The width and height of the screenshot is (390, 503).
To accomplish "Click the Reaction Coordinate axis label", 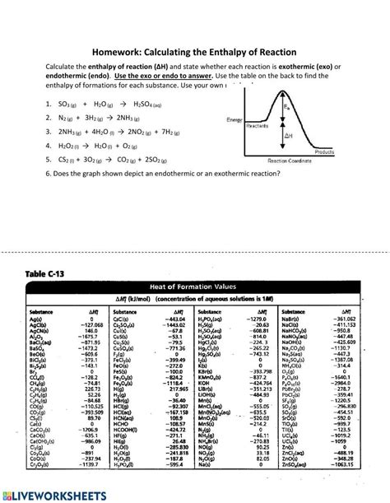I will tap(311, 161).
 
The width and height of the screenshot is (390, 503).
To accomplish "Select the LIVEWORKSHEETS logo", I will tap(49, 491).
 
